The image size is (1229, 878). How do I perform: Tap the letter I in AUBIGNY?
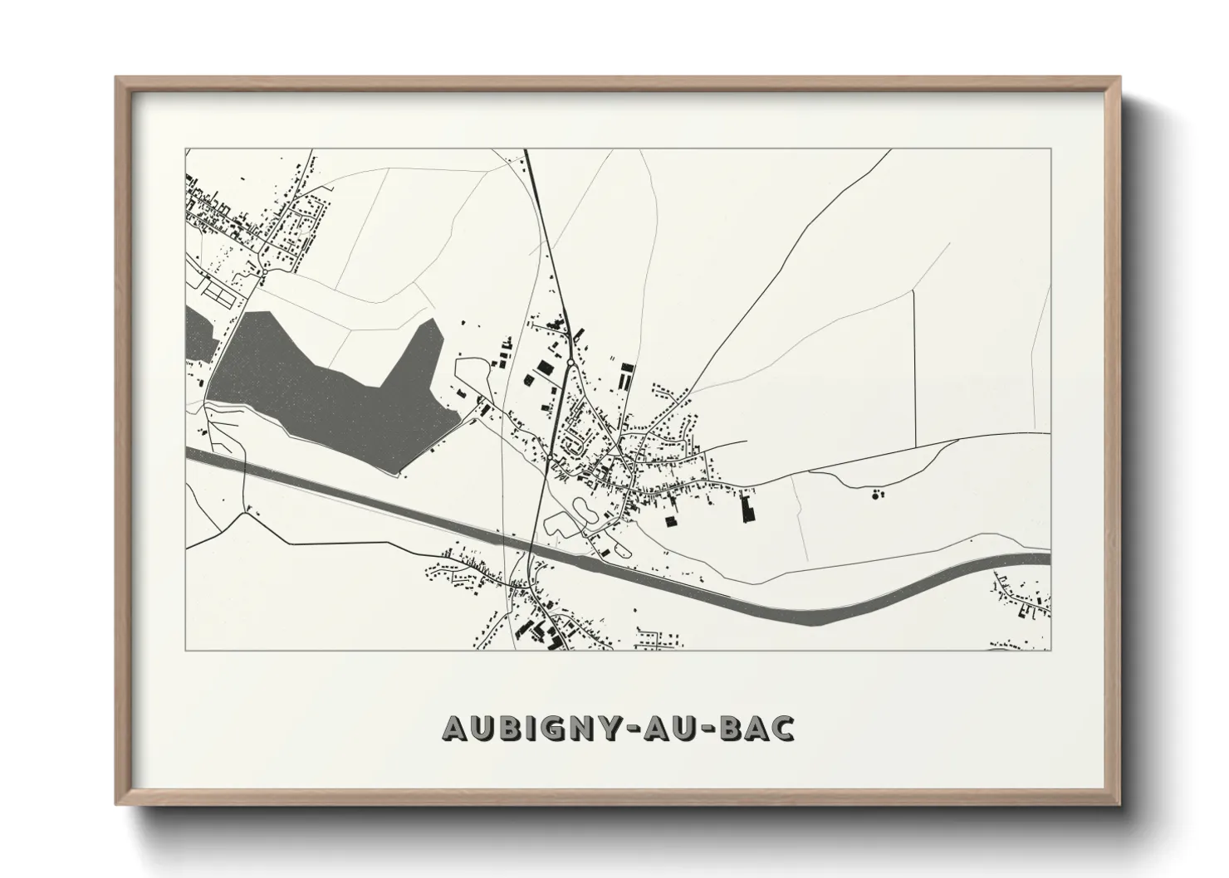(520, 728)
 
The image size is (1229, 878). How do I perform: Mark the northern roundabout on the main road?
(570, 363)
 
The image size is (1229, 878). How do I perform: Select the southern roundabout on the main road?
(551, 456)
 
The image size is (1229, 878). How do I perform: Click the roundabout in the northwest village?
(263, 271)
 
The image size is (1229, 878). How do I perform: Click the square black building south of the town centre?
(670, 522)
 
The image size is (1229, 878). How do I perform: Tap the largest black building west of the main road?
(544, 367)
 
